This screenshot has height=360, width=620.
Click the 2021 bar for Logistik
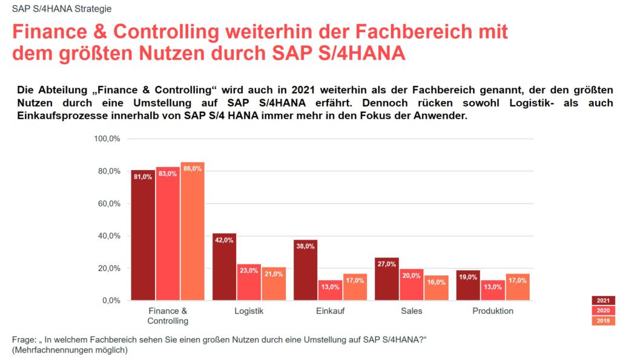(x=224, y=267)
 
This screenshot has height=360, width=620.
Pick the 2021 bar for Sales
(x=387, y=279)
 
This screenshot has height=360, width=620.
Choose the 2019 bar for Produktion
(x=518, y=287)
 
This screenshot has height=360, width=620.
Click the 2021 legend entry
(x=603, y=300)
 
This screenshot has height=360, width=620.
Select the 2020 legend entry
(x=603, y=310)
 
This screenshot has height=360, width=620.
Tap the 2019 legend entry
(x=603, y=321)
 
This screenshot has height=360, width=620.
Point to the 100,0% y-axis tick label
(x=107, y=139)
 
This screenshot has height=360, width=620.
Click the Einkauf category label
(x=330, y=311)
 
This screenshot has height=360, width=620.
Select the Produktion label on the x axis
(x=493, y=311)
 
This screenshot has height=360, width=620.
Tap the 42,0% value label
(x=224, y=240)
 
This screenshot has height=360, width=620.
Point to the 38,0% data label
(x=305, y=246)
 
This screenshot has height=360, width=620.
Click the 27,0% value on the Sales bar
(x=386, y=264)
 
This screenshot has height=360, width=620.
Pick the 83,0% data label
(x=168, y=174)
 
